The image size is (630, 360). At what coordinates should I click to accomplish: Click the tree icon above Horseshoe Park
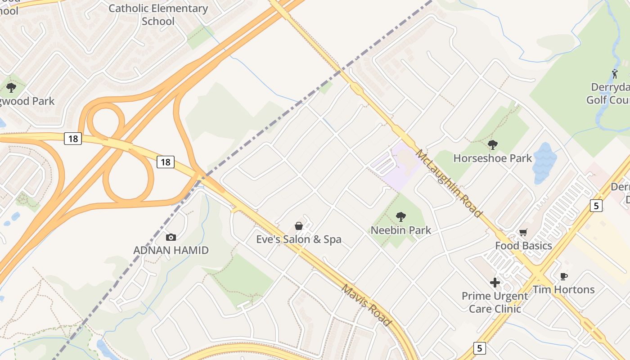(x=493, y=145)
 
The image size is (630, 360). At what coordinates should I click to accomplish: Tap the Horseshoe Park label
(x=493, y=158)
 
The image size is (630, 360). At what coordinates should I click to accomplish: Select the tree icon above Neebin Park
(x=400, y=217)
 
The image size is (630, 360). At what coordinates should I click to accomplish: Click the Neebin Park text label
(x=400, y=230)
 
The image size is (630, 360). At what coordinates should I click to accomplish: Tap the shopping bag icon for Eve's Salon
(x=298, y=226)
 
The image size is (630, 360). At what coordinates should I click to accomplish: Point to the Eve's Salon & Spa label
(x=299, y=239)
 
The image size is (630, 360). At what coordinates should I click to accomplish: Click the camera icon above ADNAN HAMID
(x=171, y=237)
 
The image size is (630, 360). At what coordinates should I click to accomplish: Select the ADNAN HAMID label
(x=171, y=250)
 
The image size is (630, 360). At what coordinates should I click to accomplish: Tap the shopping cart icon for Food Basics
(x=523, y=233)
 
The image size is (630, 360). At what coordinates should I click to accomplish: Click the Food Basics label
(x=523, y=246)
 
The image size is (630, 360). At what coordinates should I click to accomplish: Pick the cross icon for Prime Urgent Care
(x=495, y=283)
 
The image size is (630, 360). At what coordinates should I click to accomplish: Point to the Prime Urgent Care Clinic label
(x=495, y=302)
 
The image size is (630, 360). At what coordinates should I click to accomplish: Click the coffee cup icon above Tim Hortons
(x=563, y=276)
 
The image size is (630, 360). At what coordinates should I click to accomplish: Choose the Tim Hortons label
(x=564, y=289)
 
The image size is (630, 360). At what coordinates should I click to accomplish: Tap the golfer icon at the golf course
(x=615, y=73)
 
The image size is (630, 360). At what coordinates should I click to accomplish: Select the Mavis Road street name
(x=366, y=306)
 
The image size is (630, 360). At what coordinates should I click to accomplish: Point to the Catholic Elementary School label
(x=158, y=14)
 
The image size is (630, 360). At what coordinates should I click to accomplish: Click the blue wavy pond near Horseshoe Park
(x=544, y=163)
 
